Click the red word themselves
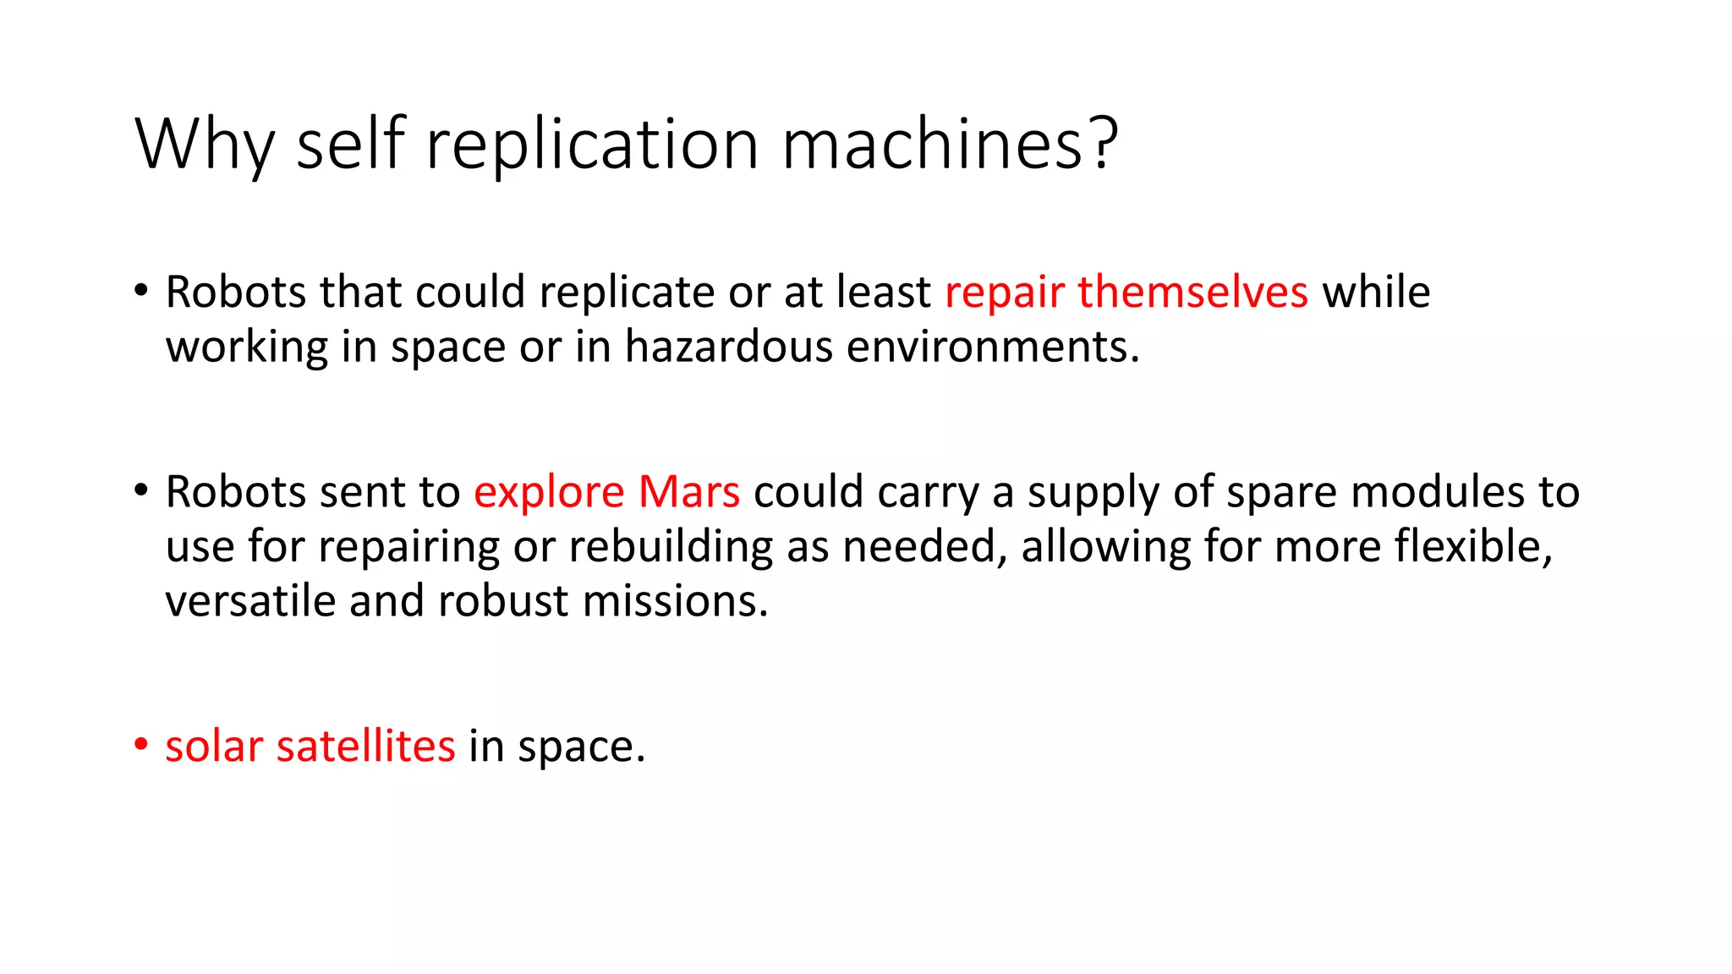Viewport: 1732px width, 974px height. (1192, 293)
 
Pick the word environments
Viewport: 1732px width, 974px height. (993, 347)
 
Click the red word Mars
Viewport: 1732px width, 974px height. (689, 492)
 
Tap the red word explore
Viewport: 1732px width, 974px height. (549, 492)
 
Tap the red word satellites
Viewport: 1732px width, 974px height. (365, 747)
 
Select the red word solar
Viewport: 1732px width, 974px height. (214, 747)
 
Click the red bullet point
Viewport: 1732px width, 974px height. (141, 745)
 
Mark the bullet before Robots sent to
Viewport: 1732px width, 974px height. (141, 490)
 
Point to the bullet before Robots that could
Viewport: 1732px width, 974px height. (141, 291)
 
